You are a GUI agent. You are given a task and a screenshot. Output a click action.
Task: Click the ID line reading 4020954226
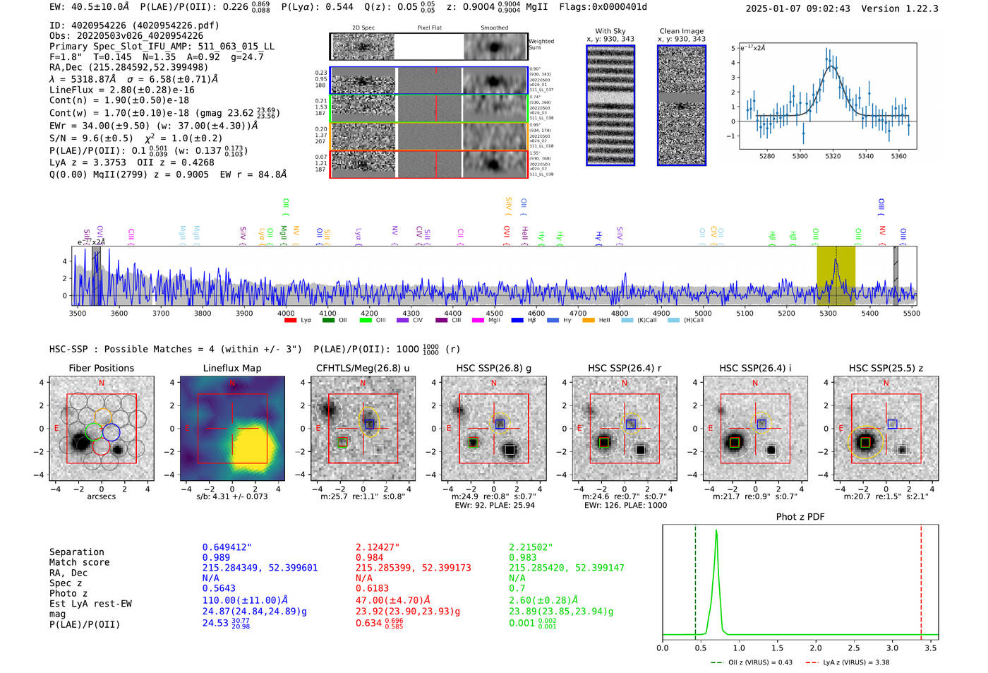pos(134,25)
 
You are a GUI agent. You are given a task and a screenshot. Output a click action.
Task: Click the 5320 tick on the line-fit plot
pos(833,156)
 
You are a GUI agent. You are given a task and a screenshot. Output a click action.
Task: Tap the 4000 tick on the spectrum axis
pos(286,314)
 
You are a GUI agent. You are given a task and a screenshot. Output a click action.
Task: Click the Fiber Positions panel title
pos(101,368)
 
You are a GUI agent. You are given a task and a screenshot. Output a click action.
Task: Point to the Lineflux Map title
pos(231,368)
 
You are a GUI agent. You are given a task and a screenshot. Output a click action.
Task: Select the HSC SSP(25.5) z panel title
pos(886,368)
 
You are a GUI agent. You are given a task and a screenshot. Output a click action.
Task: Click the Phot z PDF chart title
pos(800,517)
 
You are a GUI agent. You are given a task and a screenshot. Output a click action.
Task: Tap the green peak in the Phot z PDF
pos(716,531)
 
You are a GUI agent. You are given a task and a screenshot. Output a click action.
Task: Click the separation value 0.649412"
pos(227,547)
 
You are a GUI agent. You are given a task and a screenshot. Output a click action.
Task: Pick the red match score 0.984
pos(370,558)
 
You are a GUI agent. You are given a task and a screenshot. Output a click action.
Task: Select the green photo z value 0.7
pos(517,588)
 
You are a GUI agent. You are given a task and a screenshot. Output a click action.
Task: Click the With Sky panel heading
pos(610,31)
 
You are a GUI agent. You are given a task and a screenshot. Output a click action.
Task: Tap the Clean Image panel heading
pos(681,31)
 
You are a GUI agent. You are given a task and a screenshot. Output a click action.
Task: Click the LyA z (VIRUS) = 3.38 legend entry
pos(854,662)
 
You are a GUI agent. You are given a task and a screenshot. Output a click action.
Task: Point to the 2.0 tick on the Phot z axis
pos(816,648)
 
